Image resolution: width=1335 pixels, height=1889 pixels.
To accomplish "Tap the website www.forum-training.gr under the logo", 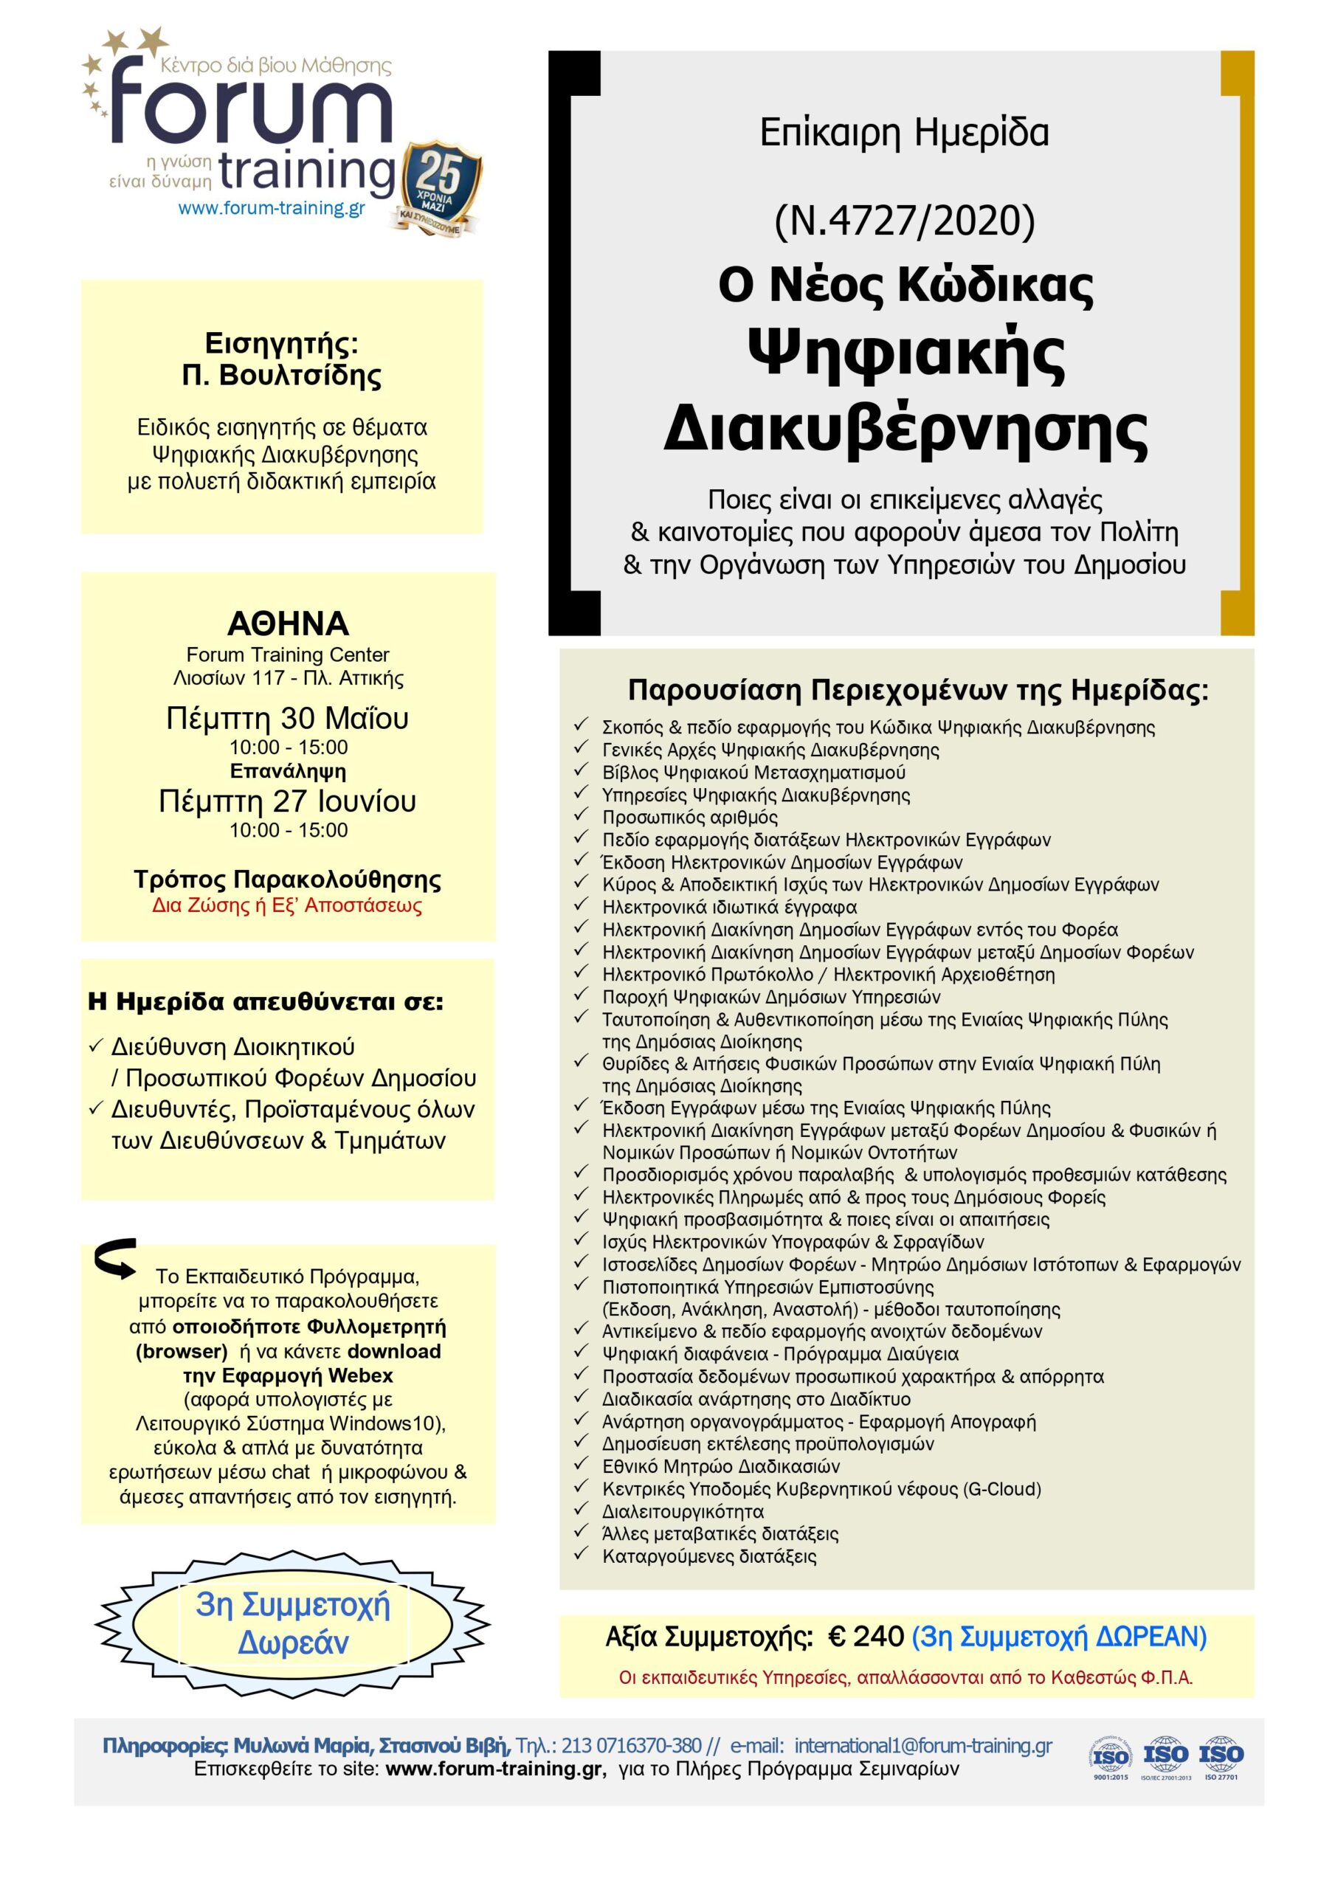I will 272,208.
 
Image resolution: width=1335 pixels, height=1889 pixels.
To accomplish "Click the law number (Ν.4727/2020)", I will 905,221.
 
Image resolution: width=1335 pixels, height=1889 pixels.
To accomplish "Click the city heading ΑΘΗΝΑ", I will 288,624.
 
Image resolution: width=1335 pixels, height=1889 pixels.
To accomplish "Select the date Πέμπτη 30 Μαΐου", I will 287,718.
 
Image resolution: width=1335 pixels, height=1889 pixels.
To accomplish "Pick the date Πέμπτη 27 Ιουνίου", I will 287,801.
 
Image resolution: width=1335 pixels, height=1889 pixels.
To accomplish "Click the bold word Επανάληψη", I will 287,771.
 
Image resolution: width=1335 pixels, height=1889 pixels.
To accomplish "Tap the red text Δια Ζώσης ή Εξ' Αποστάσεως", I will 287,906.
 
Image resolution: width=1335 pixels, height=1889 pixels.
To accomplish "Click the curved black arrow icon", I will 116,1259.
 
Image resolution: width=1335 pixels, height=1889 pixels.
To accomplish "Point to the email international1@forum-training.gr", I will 922,1746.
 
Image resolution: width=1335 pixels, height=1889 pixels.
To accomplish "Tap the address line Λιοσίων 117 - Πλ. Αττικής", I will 288,679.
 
